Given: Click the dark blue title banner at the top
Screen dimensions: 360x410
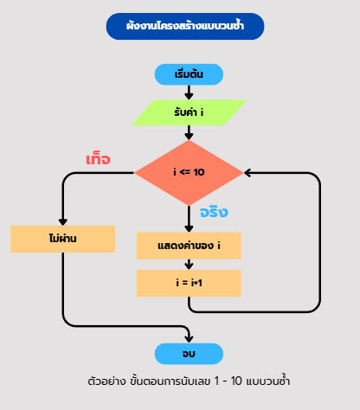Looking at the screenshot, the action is coord(185,26).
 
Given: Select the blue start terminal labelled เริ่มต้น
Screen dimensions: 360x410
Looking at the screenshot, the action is coord(189,74).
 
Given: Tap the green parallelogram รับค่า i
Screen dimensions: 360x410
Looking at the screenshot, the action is coord(189,112).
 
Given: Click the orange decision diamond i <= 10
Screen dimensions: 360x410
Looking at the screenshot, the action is coord(189,173).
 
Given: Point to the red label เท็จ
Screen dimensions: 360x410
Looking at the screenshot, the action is coord(98,159).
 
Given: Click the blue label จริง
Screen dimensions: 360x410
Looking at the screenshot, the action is coord(214,212).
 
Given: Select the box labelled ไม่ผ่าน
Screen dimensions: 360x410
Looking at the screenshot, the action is coord(63,239).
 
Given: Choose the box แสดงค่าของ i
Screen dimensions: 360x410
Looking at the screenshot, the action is coord(189,246).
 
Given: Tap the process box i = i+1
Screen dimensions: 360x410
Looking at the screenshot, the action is coord(189,283).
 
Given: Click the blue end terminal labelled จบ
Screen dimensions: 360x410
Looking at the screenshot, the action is coord(189,354).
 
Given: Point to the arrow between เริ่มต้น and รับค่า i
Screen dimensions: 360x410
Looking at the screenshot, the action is coord(189,93).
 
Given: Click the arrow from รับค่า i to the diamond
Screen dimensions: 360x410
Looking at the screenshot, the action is coord(189,132).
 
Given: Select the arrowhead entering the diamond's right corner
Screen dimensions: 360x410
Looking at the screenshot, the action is coord(247,173).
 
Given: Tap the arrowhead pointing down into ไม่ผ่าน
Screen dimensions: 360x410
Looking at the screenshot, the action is coord(63,222).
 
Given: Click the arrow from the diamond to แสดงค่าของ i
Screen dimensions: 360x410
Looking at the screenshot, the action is coord(189,219).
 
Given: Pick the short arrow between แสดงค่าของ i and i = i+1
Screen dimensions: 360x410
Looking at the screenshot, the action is coord(189,265).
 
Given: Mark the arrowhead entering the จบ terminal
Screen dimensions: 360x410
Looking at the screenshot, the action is coord(189,339).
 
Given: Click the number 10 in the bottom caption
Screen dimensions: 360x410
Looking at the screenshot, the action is coord(236,381).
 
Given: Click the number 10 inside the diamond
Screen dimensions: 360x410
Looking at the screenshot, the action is coord(199,172).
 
